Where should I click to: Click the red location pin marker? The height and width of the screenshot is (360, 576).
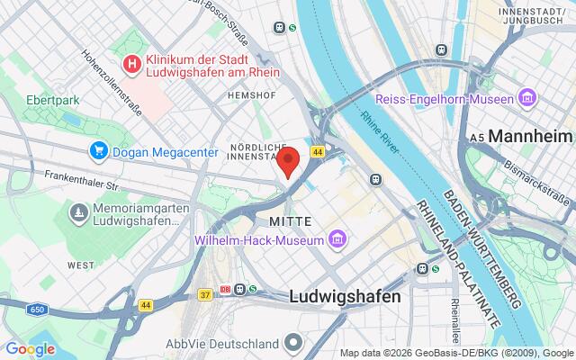[288, 162]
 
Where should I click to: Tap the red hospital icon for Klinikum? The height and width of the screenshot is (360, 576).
[132, 64]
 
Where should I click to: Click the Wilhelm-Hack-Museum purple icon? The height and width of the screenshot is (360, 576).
[337, 239]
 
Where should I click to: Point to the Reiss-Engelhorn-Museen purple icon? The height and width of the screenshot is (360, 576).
[527, 96]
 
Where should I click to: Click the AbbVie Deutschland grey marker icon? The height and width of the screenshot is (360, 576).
[293, 343]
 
